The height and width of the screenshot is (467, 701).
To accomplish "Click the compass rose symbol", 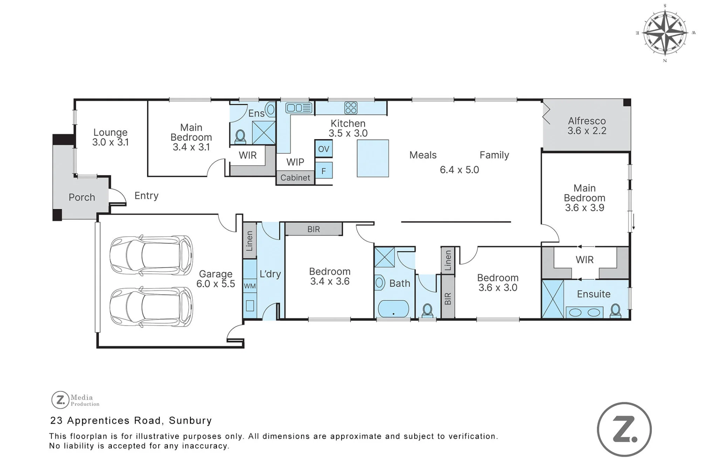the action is [x=665, y=33].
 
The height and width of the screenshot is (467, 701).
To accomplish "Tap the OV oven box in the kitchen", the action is [x=324, y=149].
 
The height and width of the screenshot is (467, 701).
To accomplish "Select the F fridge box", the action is [x=324, y=171].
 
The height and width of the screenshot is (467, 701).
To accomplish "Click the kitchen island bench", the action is [x=373, y=158].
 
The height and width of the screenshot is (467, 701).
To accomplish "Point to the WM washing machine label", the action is [x=250, y=286].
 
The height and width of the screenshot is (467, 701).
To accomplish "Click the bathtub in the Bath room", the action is [x=393, y=309].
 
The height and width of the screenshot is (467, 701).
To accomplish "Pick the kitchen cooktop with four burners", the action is [x=350, y=108].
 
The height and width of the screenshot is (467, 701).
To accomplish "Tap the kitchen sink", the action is [x=299, y=108].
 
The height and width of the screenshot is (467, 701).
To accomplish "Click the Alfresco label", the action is [x=587, y=121].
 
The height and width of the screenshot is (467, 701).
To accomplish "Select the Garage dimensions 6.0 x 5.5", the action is [x=216, y=284].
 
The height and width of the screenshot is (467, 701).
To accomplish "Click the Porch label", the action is [x=82, y=197].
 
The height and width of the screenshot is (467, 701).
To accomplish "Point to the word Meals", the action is [x=423, y=155].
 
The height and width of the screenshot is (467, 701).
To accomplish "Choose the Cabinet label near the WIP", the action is [x=295, y=178].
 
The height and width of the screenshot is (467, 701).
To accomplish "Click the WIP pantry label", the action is [x=295, y=162].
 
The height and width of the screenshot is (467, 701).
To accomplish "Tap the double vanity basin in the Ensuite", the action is [x=584, y=312].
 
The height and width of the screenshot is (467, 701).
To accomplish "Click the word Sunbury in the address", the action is [x=190, y=420].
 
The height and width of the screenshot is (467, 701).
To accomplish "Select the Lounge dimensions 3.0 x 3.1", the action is [x=110, y=142].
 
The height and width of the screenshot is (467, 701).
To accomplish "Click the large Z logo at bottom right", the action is [x=624, y=430].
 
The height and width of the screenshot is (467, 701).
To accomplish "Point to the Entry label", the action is [x=147, y=195].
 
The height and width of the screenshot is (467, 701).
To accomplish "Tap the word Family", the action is [x=494, y=155].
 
